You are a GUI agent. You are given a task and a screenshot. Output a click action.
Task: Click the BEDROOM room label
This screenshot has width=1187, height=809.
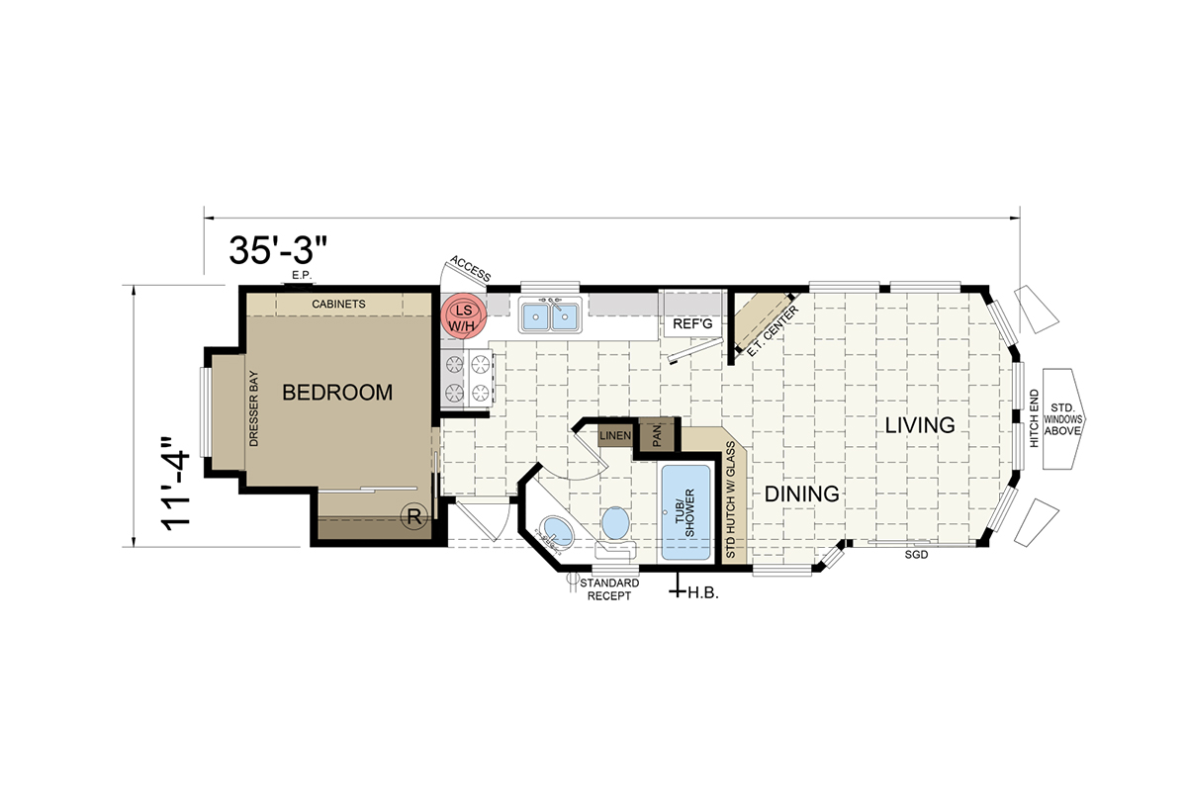click(337, 393)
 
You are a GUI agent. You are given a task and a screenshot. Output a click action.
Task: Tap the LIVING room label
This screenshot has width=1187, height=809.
click(920, 425)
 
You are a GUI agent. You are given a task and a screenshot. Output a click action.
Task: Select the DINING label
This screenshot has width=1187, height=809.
click(802, 494)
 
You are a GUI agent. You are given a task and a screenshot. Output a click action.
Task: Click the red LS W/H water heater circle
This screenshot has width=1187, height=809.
click(464, 318)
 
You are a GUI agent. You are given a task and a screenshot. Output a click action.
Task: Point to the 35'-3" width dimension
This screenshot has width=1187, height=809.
click(278, 250)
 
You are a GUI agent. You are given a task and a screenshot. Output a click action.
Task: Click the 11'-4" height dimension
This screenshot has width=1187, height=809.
click(175, 484)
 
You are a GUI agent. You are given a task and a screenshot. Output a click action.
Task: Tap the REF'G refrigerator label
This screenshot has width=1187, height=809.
click(692, 323)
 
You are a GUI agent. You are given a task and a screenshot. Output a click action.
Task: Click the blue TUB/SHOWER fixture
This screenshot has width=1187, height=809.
click(685, 512)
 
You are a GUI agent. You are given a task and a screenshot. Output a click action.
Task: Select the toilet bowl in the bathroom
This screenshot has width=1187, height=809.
click(615, 523)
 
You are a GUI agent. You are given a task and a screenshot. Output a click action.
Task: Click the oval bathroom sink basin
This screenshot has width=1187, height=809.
click(556, 531)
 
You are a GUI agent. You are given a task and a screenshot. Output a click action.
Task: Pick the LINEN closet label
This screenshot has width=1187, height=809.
click(615, 435)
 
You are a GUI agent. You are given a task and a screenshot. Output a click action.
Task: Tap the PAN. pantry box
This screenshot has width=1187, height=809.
click(656, 435)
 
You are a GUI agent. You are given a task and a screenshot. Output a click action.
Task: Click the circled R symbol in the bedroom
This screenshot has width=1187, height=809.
click(414, 516)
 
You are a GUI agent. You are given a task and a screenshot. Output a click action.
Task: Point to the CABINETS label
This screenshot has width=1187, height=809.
click(338, 304)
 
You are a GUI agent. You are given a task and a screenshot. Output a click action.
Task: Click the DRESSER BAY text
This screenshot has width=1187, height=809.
click(254, 408)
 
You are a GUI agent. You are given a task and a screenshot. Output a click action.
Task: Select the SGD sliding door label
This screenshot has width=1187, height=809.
click(916, 555)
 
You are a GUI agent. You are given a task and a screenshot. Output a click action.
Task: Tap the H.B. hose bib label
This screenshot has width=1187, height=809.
click(703, 593)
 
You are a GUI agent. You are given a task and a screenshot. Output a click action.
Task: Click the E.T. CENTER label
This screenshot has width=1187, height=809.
click(773, 330)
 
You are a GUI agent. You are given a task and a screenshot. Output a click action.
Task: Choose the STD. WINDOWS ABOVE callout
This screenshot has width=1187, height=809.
click(1062, 419)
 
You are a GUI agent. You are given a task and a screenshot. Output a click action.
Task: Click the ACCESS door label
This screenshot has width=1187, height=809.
click(471, 269)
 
